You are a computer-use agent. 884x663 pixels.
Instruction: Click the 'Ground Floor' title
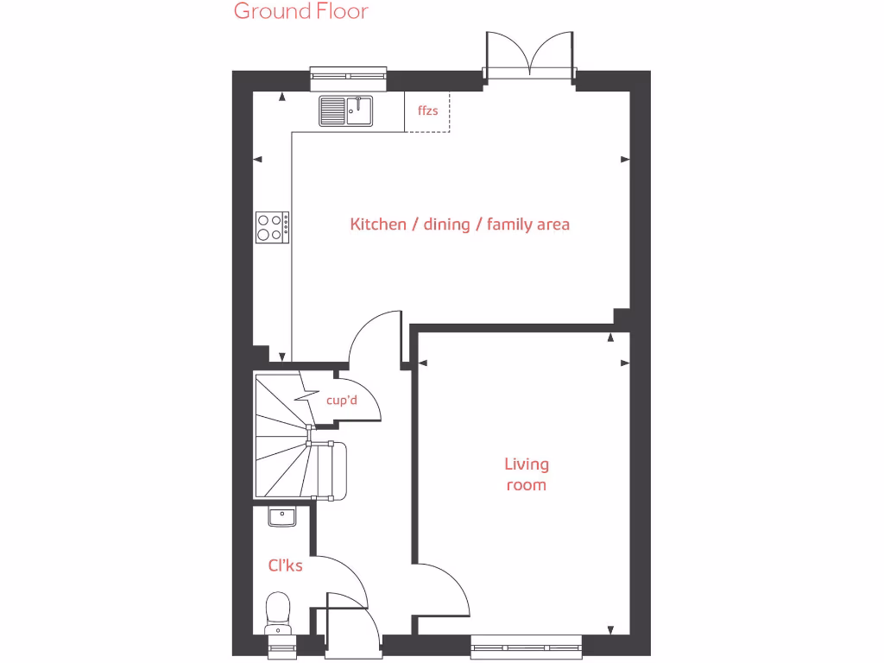(300, 11)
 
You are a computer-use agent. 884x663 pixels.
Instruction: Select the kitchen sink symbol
(345, 110)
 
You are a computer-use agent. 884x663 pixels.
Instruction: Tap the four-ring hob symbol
(272, 225)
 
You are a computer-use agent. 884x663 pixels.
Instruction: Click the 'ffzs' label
(427, 111)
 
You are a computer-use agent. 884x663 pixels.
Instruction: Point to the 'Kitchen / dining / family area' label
(459, 224)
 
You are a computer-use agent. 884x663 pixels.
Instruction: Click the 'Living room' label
(526, 475)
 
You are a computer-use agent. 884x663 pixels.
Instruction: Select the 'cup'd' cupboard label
(341, 401)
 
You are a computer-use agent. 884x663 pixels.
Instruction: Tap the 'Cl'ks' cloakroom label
(285, 566)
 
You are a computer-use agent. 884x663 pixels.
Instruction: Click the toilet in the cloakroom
(279, 611)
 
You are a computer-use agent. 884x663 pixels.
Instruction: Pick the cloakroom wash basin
(281, 516)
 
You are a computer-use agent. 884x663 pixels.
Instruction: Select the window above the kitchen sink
(349, 79)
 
